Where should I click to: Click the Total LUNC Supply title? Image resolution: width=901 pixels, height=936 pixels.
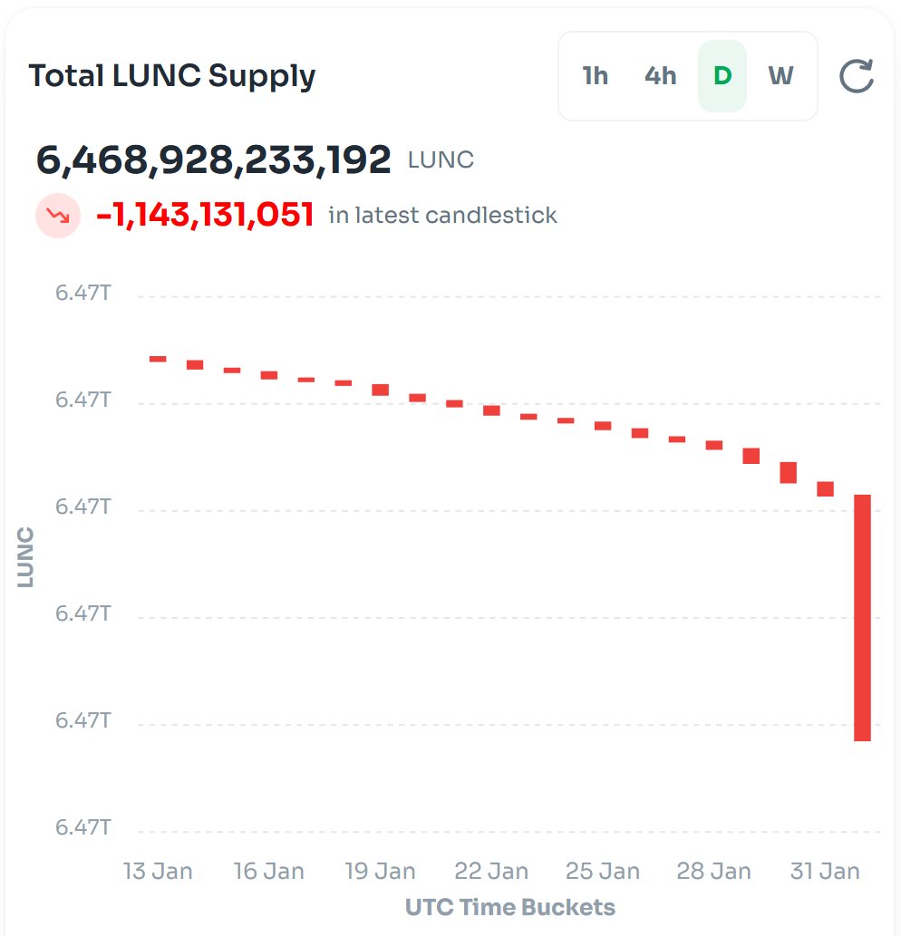point(172,76)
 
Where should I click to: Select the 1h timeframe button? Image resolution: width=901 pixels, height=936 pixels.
point(595,76)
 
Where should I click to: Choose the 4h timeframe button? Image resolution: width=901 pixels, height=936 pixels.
point(660,76)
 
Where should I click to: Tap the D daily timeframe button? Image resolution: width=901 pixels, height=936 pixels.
point(722,76)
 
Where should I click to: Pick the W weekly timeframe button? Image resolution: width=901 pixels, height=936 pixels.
point(780,76)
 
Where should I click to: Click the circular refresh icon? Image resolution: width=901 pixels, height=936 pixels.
point(856,77)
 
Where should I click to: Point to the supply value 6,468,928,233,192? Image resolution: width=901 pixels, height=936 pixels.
point(214,160)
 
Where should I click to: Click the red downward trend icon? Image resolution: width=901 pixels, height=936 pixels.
point(58,216)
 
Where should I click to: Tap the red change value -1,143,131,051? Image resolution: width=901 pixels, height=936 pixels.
point(205,216)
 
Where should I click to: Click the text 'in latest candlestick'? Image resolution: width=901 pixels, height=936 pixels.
point(442,216)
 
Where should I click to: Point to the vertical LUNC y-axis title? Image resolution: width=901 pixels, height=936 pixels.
point(25,557)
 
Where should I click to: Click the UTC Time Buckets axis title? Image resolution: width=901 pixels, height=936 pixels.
point(510,907)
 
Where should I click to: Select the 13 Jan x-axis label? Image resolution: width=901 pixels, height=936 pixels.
point(158,872)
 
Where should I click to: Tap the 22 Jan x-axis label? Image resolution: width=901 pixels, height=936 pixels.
point(491,872)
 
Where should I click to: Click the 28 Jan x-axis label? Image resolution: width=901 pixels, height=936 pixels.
point(713,872)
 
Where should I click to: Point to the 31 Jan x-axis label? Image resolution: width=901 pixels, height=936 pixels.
point(825,872)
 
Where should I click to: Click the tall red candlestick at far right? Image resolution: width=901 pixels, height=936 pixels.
point(862,617)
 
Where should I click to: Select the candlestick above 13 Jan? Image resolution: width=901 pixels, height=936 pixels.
point(158,359)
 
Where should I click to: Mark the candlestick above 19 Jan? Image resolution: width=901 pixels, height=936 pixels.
point(381,390)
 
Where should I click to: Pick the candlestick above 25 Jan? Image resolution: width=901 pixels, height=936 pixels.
point(603,425)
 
